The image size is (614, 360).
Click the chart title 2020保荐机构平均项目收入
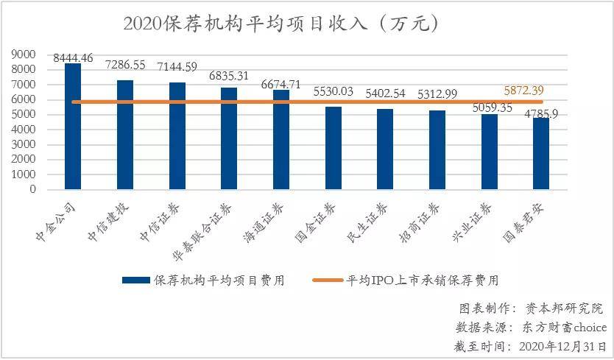coord(282,24)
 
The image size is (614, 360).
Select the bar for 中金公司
coord(73,126)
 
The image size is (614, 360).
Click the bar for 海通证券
coord(281,139)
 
